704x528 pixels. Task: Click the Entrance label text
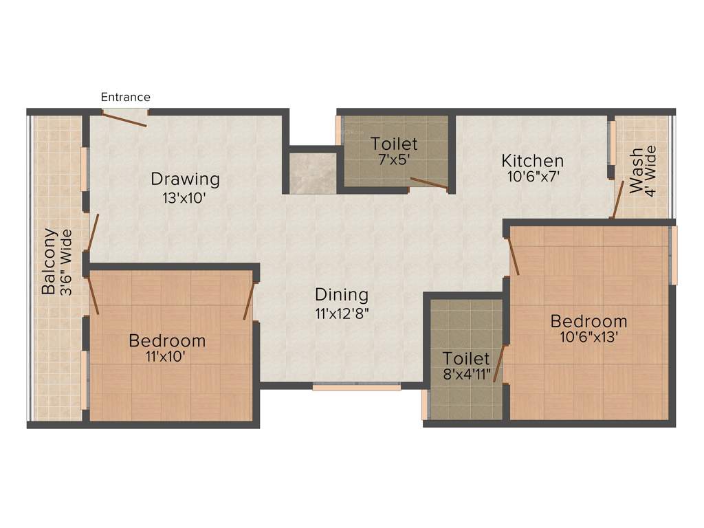(125, 97)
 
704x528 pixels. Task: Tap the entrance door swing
(124, 119)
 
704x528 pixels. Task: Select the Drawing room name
(186, 179)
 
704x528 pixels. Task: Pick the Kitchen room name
(533, 161)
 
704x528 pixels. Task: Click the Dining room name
(342, 295)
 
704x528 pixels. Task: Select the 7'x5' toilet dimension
(394, 158)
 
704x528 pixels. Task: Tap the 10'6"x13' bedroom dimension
(588, 337)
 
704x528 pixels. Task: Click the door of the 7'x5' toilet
(429, 183)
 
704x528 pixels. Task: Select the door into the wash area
(618, 199)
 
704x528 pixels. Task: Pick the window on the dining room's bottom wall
(356, 388)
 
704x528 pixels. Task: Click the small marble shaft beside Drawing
(312, 173)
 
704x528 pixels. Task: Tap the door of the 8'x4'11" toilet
(499, 363)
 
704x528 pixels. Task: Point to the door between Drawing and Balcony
(93, 232)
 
